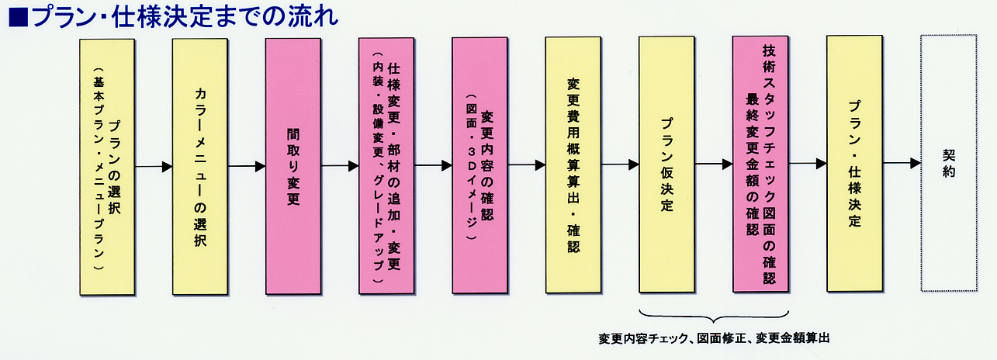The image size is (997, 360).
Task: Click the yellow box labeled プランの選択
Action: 107,167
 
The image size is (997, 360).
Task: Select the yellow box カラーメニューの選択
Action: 200,167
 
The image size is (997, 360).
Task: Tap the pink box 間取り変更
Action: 293,167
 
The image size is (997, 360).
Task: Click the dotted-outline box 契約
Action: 948,163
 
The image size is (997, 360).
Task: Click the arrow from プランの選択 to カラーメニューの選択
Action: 154,166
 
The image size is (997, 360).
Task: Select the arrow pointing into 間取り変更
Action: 248,166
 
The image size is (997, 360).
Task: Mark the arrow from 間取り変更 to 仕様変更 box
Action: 341,165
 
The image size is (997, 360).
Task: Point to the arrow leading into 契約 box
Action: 901,164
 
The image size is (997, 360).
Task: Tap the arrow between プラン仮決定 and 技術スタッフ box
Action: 714,164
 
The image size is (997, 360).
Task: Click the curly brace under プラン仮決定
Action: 714,317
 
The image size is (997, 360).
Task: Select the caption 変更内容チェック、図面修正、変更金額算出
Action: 714,339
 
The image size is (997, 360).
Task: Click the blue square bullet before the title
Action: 17,17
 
